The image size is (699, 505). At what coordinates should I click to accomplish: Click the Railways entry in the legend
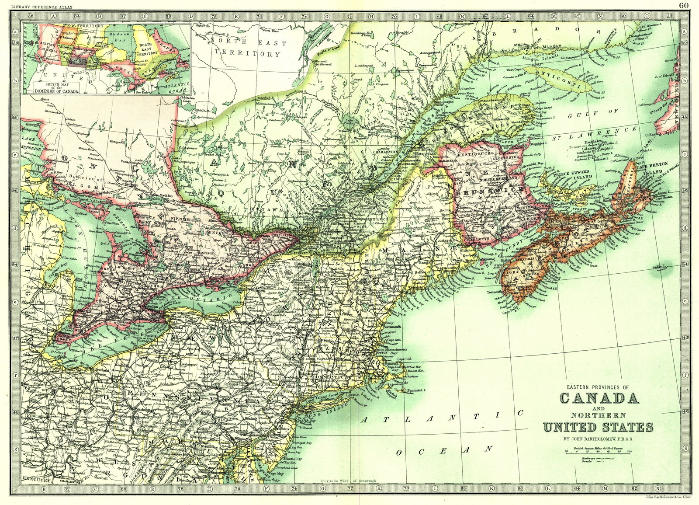tap(589, 457)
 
